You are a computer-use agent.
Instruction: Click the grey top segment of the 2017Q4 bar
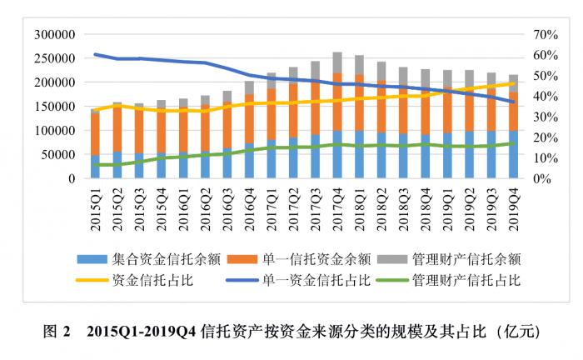337,62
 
